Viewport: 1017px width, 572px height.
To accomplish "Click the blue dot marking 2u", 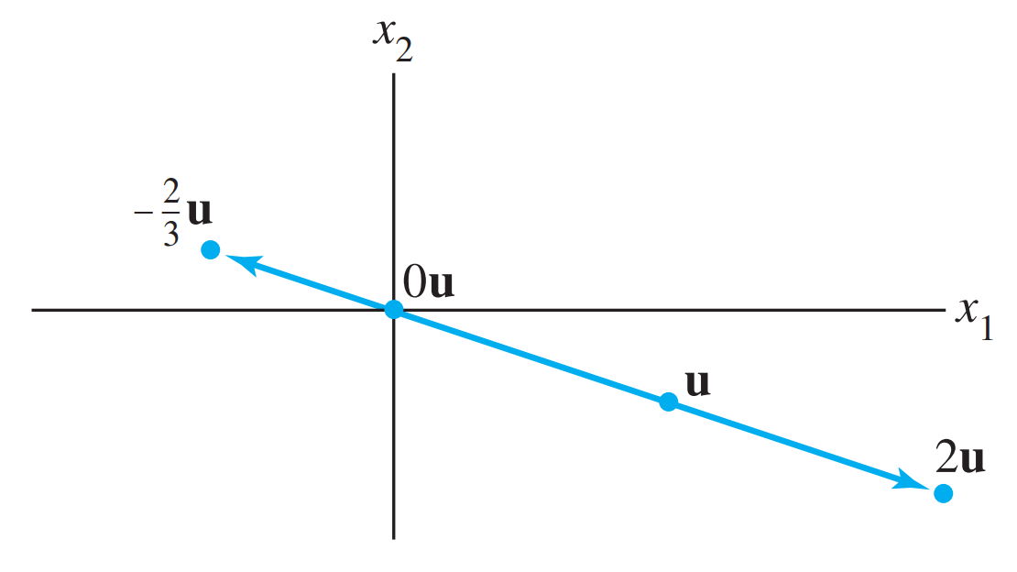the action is point(943,494).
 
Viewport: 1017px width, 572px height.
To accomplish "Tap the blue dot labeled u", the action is point(669,401).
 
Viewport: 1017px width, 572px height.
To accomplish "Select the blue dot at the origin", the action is point(393,310).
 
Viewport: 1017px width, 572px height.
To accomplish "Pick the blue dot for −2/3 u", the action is point(210,249).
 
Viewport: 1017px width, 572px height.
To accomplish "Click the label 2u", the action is point(959,457).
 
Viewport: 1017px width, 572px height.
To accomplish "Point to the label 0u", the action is point(427,283).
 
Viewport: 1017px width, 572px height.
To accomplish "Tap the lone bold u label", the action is point(697,382).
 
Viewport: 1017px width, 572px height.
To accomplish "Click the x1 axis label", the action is point(974,313).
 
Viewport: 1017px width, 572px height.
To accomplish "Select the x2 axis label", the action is point(391,35).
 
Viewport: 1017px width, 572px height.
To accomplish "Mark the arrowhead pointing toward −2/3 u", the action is point(240,260).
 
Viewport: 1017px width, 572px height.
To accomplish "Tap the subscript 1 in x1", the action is point(986,328).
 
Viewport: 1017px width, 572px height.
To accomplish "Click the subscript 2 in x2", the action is point(403,49).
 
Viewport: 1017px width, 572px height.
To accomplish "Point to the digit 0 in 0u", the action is point(414,283).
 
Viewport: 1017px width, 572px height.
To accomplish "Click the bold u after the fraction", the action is point(199,214).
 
